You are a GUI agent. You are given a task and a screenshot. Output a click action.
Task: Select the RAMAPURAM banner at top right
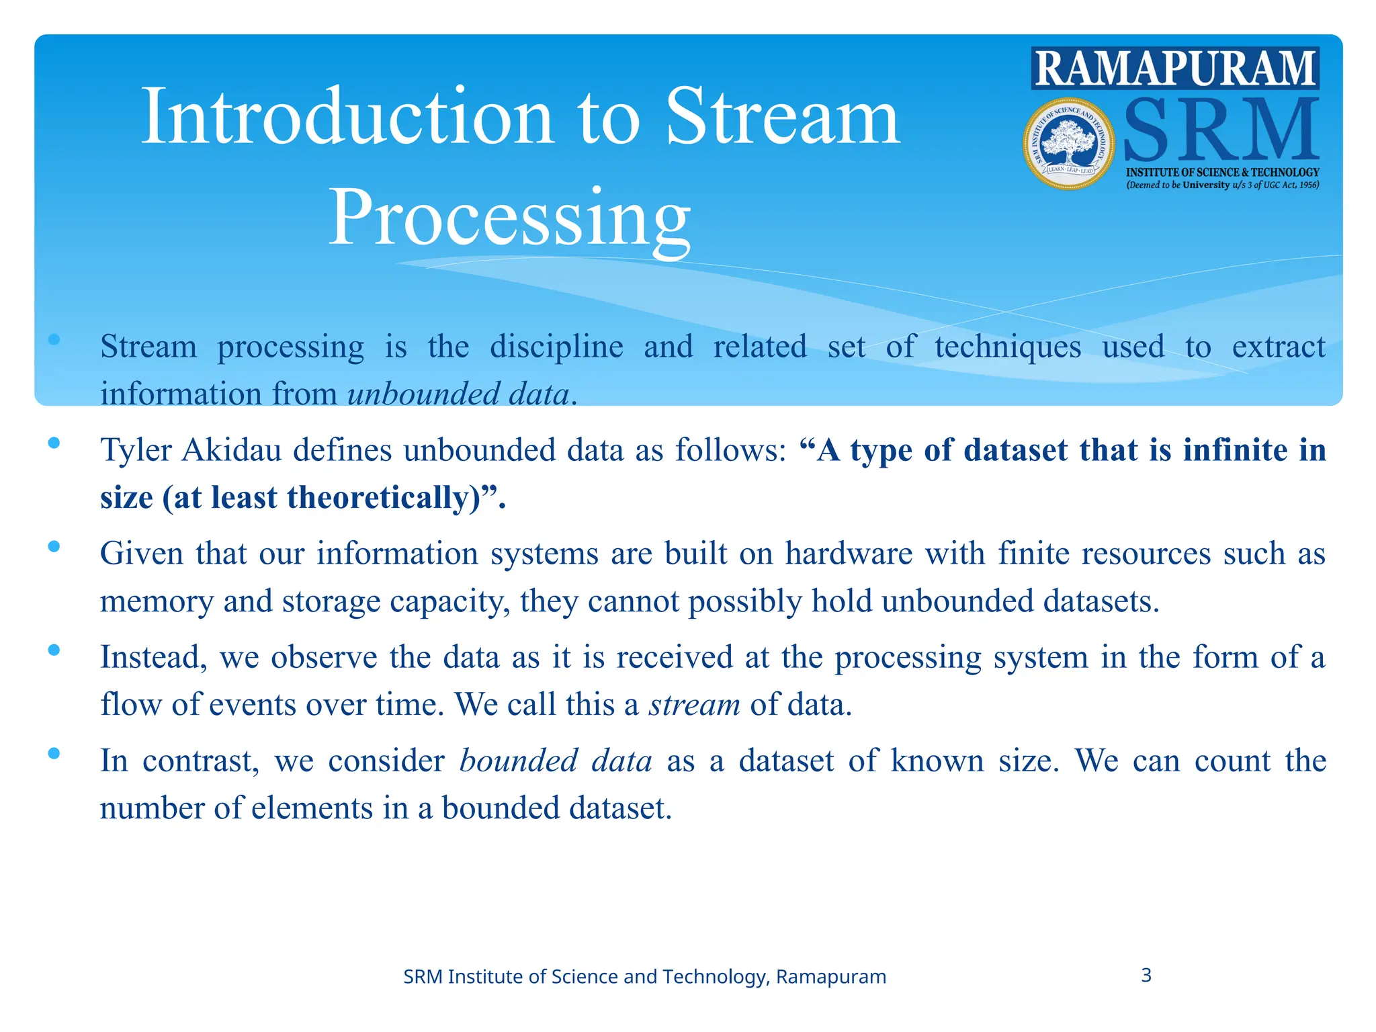[1175, 69]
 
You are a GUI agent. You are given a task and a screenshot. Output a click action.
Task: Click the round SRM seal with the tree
[1068, 144]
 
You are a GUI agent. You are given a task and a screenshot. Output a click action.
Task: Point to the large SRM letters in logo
[1220, 130]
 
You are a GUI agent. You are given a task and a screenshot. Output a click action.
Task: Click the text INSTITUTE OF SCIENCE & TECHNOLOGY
[1222, 172]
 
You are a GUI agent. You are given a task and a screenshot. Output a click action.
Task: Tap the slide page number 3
[1146, 975]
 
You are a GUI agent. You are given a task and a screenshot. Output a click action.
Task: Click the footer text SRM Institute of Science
[644, 976]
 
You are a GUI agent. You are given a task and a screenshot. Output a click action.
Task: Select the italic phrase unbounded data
[458, 394]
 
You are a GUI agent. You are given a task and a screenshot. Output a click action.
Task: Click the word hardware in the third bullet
[849, 554]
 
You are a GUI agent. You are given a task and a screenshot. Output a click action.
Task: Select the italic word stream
[694, 705]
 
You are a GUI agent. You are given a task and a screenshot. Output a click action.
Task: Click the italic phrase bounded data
[555, 761]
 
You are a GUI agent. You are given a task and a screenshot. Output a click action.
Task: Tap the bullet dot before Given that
[54, 546]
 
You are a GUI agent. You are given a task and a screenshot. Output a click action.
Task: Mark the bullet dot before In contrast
[54, 753]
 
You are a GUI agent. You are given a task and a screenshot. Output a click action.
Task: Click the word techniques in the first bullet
[1007, 347]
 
